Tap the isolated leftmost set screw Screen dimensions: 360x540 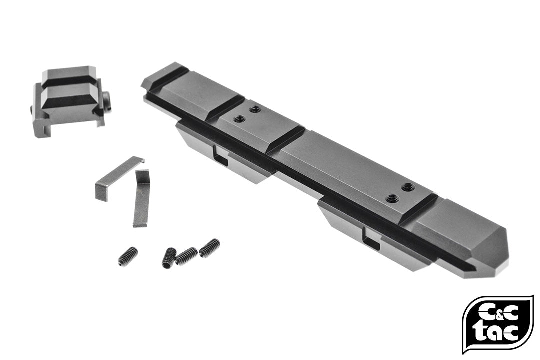(x=128, y=256)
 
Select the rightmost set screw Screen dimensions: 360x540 (x=209, y=248)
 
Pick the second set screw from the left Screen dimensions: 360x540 (x=169, y=257)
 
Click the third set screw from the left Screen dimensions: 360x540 (x=186, y=255)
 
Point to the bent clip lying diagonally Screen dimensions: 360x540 (x=118, y=178)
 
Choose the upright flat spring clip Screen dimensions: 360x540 (x=142, y=198)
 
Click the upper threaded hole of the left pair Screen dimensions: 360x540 (x=255, y=109)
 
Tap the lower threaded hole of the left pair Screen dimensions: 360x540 (x=239, y=119)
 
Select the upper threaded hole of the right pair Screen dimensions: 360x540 (x=408, y=187)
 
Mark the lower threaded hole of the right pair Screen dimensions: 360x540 (x=392, y=199)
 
